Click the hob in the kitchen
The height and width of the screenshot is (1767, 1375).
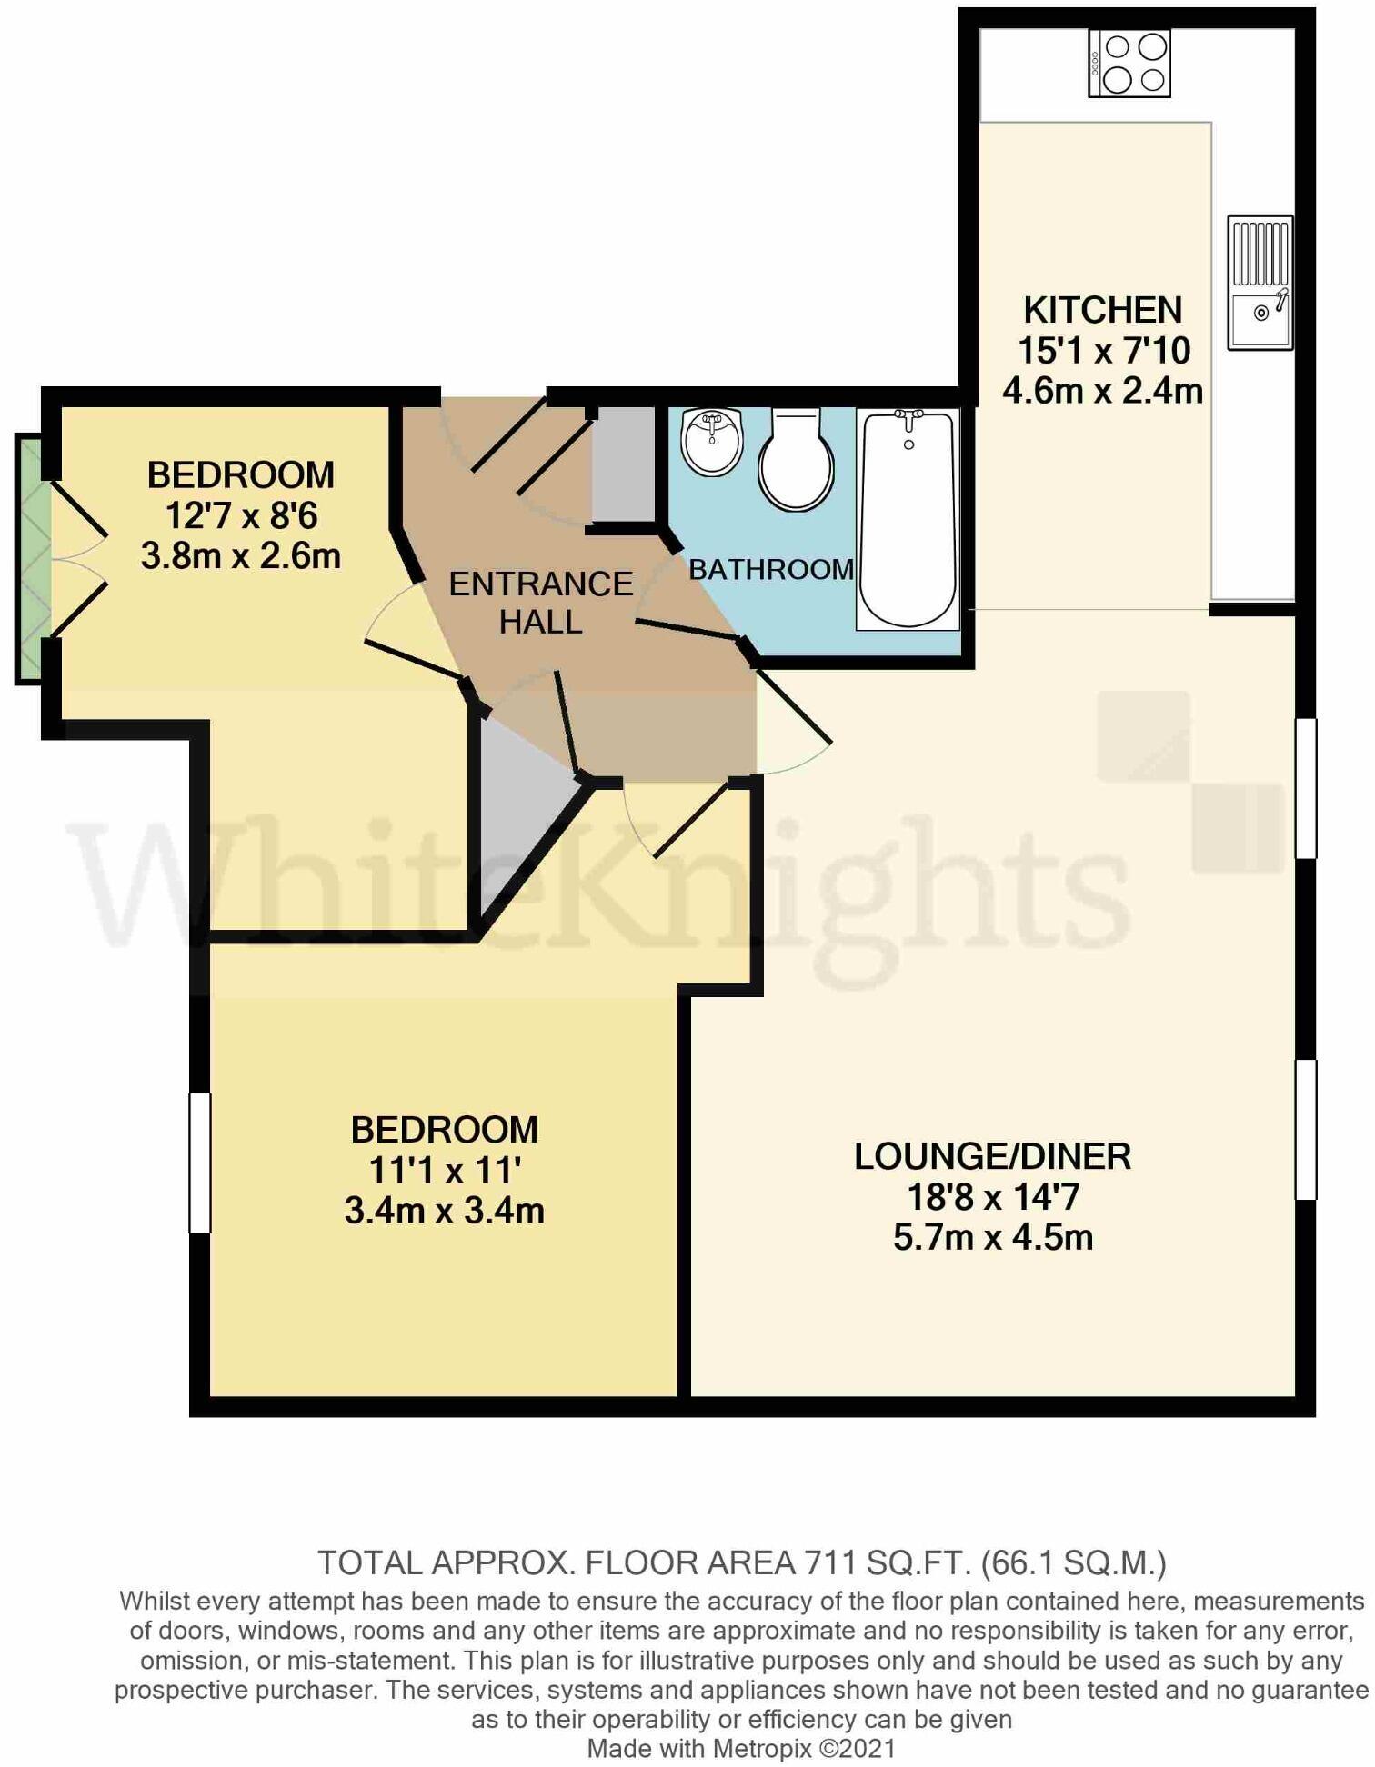click(1129, 63)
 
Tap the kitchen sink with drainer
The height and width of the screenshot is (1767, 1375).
click(1260, 283)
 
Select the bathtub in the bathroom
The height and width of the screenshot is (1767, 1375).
click(908, 519)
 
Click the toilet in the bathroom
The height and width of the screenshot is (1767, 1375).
click(796, 459)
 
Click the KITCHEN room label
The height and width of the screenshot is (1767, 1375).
click(1102, 310)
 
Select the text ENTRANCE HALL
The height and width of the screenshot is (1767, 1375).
click(540, 603)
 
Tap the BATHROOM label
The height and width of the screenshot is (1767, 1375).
click(771, 570)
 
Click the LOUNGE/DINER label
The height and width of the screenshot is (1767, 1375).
click(992, 1156)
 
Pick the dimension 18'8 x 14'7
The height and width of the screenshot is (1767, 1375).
click(992, 1197)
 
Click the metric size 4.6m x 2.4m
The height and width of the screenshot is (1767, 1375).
click(1102, 391)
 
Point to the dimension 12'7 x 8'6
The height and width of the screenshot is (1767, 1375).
click(241, 516)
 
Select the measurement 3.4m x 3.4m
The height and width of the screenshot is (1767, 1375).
click(444, 1211)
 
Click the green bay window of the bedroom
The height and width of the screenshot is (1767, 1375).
click(29, 558)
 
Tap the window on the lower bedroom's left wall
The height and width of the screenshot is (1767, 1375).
click(199, 1163)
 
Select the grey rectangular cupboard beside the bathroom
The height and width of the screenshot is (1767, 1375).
click(623, 464)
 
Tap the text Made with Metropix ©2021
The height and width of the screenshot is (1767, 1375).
click(741, 1748)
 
